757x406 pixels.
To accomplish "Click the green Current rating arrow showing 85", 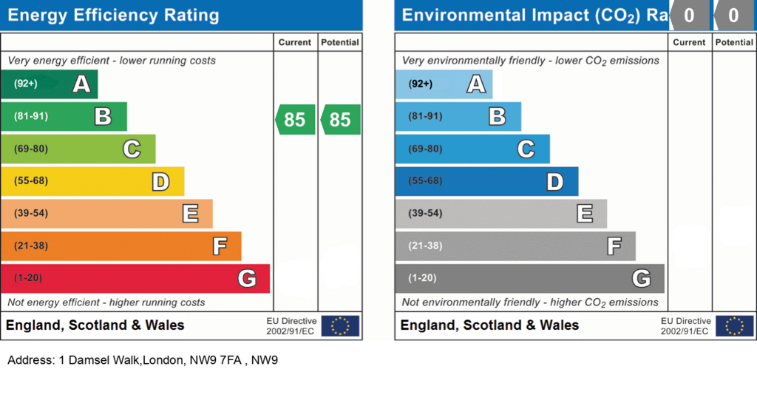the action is (x=295, y=119).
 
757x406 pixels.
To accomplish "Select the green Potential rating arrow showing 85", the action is (x=340, y=119).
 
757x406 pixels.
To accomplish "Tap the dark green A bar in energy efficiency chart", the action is (x=50, y=84).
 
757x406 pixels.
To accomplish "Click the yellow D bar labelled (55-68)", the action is (x=92, y=181).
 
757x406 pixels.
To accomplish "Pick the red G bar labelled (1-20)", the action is (x=135, y=279).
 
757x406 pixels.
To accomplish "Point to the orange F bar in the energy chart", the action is (x=121, y=246).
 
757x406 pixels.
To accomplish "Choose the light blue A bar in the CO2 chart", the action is (x=444, y=84).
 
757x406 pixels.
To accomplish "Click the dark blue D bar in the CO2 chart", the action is (x=486, y=181).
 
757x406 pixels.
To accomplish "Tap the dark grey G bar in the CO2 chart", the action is (x=529, y=279).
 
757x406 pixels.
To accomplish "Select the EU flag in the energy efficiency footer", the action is (x=340, y=326).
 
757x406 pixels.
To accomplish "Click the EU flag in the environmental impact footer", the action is (x=734, y=326).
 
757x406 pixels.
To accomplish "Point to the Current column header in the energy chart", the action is (x=294, y=42).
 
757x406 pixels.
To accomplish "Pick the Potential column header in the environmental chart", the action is (x=734, y=42).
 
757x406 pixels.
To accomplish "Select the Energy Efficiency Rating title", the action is (x=113, y=16).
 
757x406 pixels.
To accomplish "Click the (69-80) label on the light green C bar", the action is (x=31, y=149).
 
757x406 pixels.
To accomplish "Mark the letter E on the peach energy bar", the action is (x=190, y=214).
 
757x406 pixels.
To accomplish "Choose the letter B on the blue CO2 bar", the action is (x=498, y=116).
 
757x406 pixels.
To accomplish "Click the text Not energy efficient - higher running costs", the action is (x=106, y=302).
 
